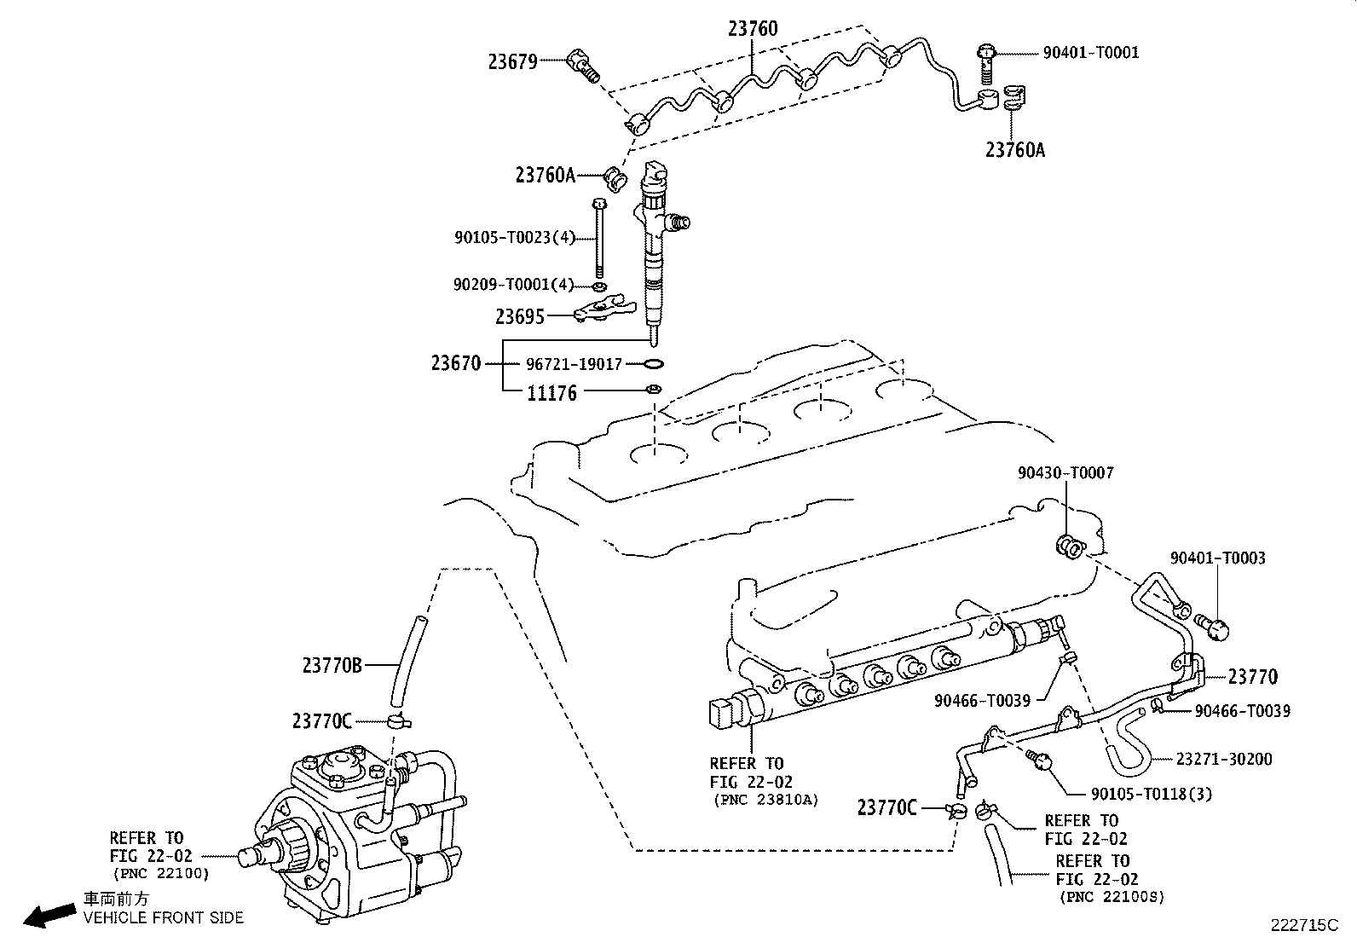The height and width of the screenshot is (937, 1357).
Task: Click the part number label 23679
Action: click(x=512, y=61)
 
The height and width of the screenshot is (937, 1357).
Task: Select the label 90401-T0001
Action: click(x=1090, y=53)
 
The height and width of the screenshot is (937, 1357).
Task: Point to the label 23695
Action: click(x=519, y=317)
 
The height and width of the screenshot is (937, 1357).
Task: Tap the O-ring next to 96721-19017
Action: click(x=654, y=364)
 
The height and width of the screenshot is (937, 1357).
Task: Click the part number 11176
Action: click(x=551, y=393)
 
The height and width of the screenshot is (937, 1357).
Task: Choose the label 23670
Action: click(x=456, y=364)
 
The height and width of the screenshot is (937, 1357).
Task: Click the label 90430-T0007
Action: click(x=1065, y=473)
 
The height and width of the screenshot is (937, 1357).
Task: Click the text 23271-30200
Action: click(x=1224, y=759)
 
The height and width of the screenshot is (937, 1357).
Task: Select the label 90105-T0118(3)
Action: click(x=1152, y=794)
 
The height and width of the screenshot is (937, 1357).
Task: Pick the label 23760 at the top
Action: click(x=753, y=29)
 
